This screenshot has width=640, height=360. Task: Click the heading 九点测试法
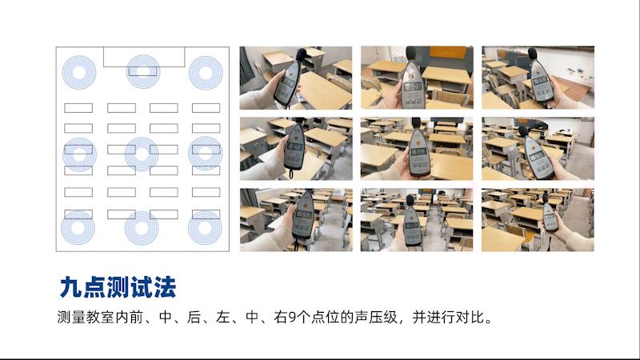pos(118,286)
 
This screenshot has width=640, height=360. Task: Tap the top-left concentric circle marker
pos(79,73)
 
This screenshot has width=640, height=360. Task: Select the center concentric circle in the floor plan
pos(142,154)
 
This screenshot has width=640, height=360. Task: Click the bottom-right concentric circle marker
pos(205,227)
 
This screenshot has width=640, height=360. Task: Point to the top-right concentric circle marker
pos(205,73)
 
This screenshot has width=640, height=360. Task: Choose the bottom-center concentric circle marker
pos(142,228)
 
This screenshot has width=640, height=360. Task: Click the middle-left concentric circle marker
pos(79,154)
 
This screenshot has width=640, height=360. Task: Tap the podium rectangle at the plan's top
pos(144,57)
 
